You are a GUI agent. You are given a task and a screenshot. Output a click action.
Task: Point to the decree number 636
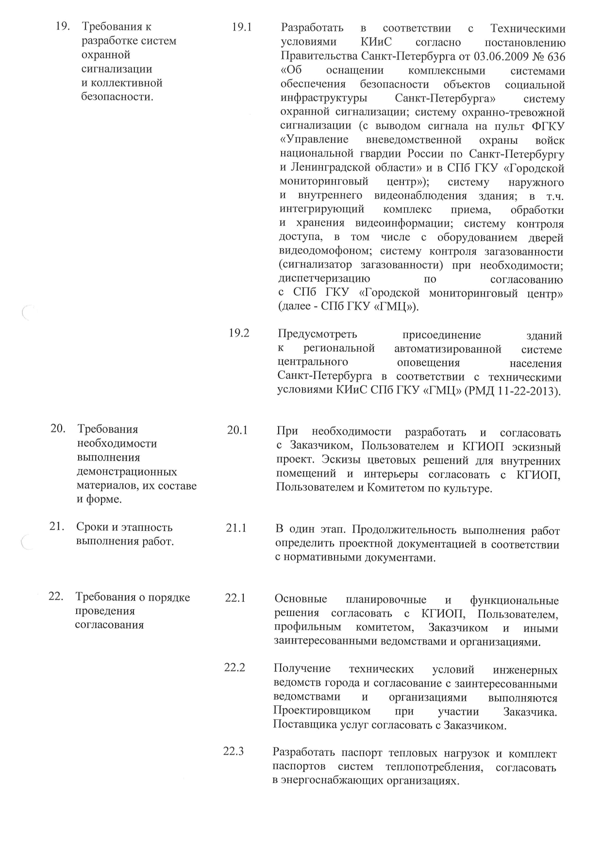pyautogui.click(x=556, y=57)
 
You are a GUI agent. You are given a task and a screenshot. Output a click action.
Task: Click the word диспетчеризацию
pyautogui.click(x=324, y=279)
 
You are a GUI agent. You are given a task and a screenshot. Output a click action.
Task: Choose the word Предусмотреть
pyautogui.click(x=318, y=335)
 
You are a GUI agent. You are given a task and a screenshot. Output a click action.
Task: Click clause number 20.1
pyautogui.click(x=237, y=430)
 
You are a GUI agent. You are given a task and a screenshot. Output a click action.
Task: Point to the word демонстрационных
pyautogui.click(x=127, y=472)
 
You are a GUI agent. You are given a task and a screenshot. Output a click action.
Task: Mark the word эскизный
pyautogui.click(x=538, y=446)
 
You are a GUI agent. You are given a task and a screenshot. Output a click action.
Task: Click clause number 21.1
pyautogui.click(x=236, y=528)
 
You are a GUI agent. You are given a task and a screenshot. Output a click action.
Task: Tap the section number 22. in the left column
pyautogui.click(x=56, y=596)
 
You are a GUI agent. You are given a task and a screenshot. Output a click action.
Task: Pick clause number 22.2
pyautogui.click(x=234, y=667)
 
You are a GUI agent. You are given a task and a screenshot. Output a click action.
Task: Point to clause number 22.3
pyautogui.click(x=233, y=751)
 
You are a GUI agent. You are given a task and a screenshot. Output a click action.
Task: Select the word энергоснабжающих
pyautogui.click(x=332, y=781)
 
